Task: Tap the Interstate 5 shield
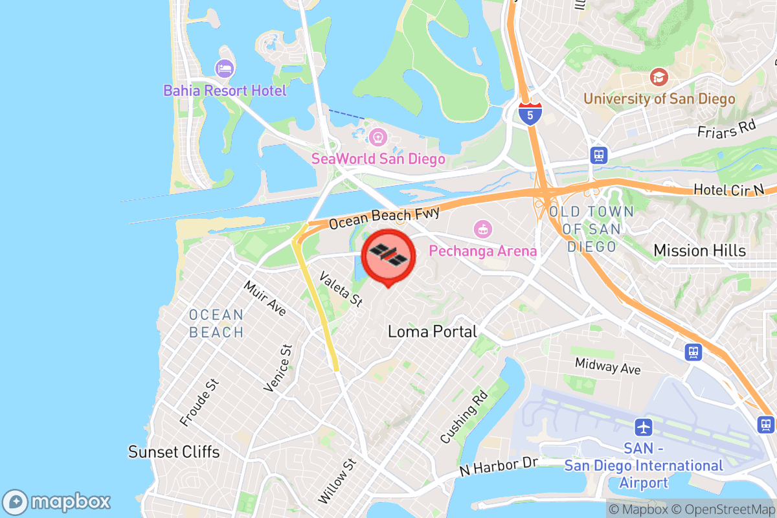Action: tap(530, 113)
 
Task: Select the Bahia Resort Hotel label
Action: tap(225, 90)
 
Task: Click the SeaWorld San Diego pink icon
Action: tap(377, 137)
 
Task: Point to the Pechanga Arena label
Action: tap(484, 251)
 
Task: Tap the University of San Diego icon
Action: tap(659, 78)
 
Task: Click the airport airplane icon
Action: tap(643, 427)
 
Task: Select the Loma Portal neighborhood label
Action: tap(432, 332)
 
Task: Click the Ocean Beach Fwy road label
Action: tap(384, 218)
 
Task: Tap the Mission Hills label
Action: tap(699, 251)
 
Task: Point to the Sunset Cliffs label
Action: tap(174, 451)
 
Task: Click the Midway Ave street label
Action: tap(607, 366)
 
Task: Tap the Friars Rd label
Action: tap(726, 128)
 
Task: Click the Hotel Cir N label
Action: tap(728, 189)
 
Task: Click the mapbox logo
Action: tap(57, 502)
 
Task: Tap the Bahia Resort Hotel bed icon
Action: tap(225, 68)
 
